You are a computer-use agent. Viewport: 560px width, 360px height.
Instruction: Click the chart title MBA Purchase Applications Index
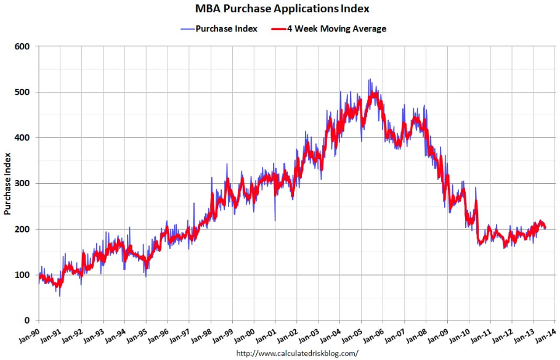click(283, 9)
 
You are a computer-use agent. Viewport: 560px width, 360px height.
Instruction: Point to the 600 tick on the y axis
click(23, 46)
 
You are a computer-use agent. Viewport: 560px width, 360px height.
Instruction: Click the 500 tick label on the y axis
click(23, 92)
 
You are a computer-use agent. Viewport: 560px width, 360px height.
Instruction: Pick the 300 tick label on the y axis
click(23, 183)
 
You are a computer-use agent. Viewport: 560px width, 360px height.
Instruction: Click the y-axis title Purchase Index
click(8, 184)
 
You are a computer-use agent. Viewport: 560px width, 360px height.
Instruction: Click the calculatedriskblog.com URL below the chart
click(298, 353)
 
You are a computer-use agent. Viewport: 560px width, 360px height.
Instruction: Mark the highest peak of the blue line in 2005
click(369, 79)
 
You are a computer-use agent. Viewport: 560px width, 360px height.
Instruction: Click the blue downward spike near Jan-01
click(275, 220)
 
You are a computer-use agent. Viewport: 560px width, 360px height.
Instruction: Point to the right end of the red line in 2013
click(545, 227)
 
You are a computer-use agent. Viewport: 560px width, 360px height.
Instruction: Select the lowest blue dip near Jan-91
click(60, 296)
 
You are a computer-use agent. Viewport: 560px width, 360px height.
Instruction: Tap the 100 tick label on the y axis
click(23, 275)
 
